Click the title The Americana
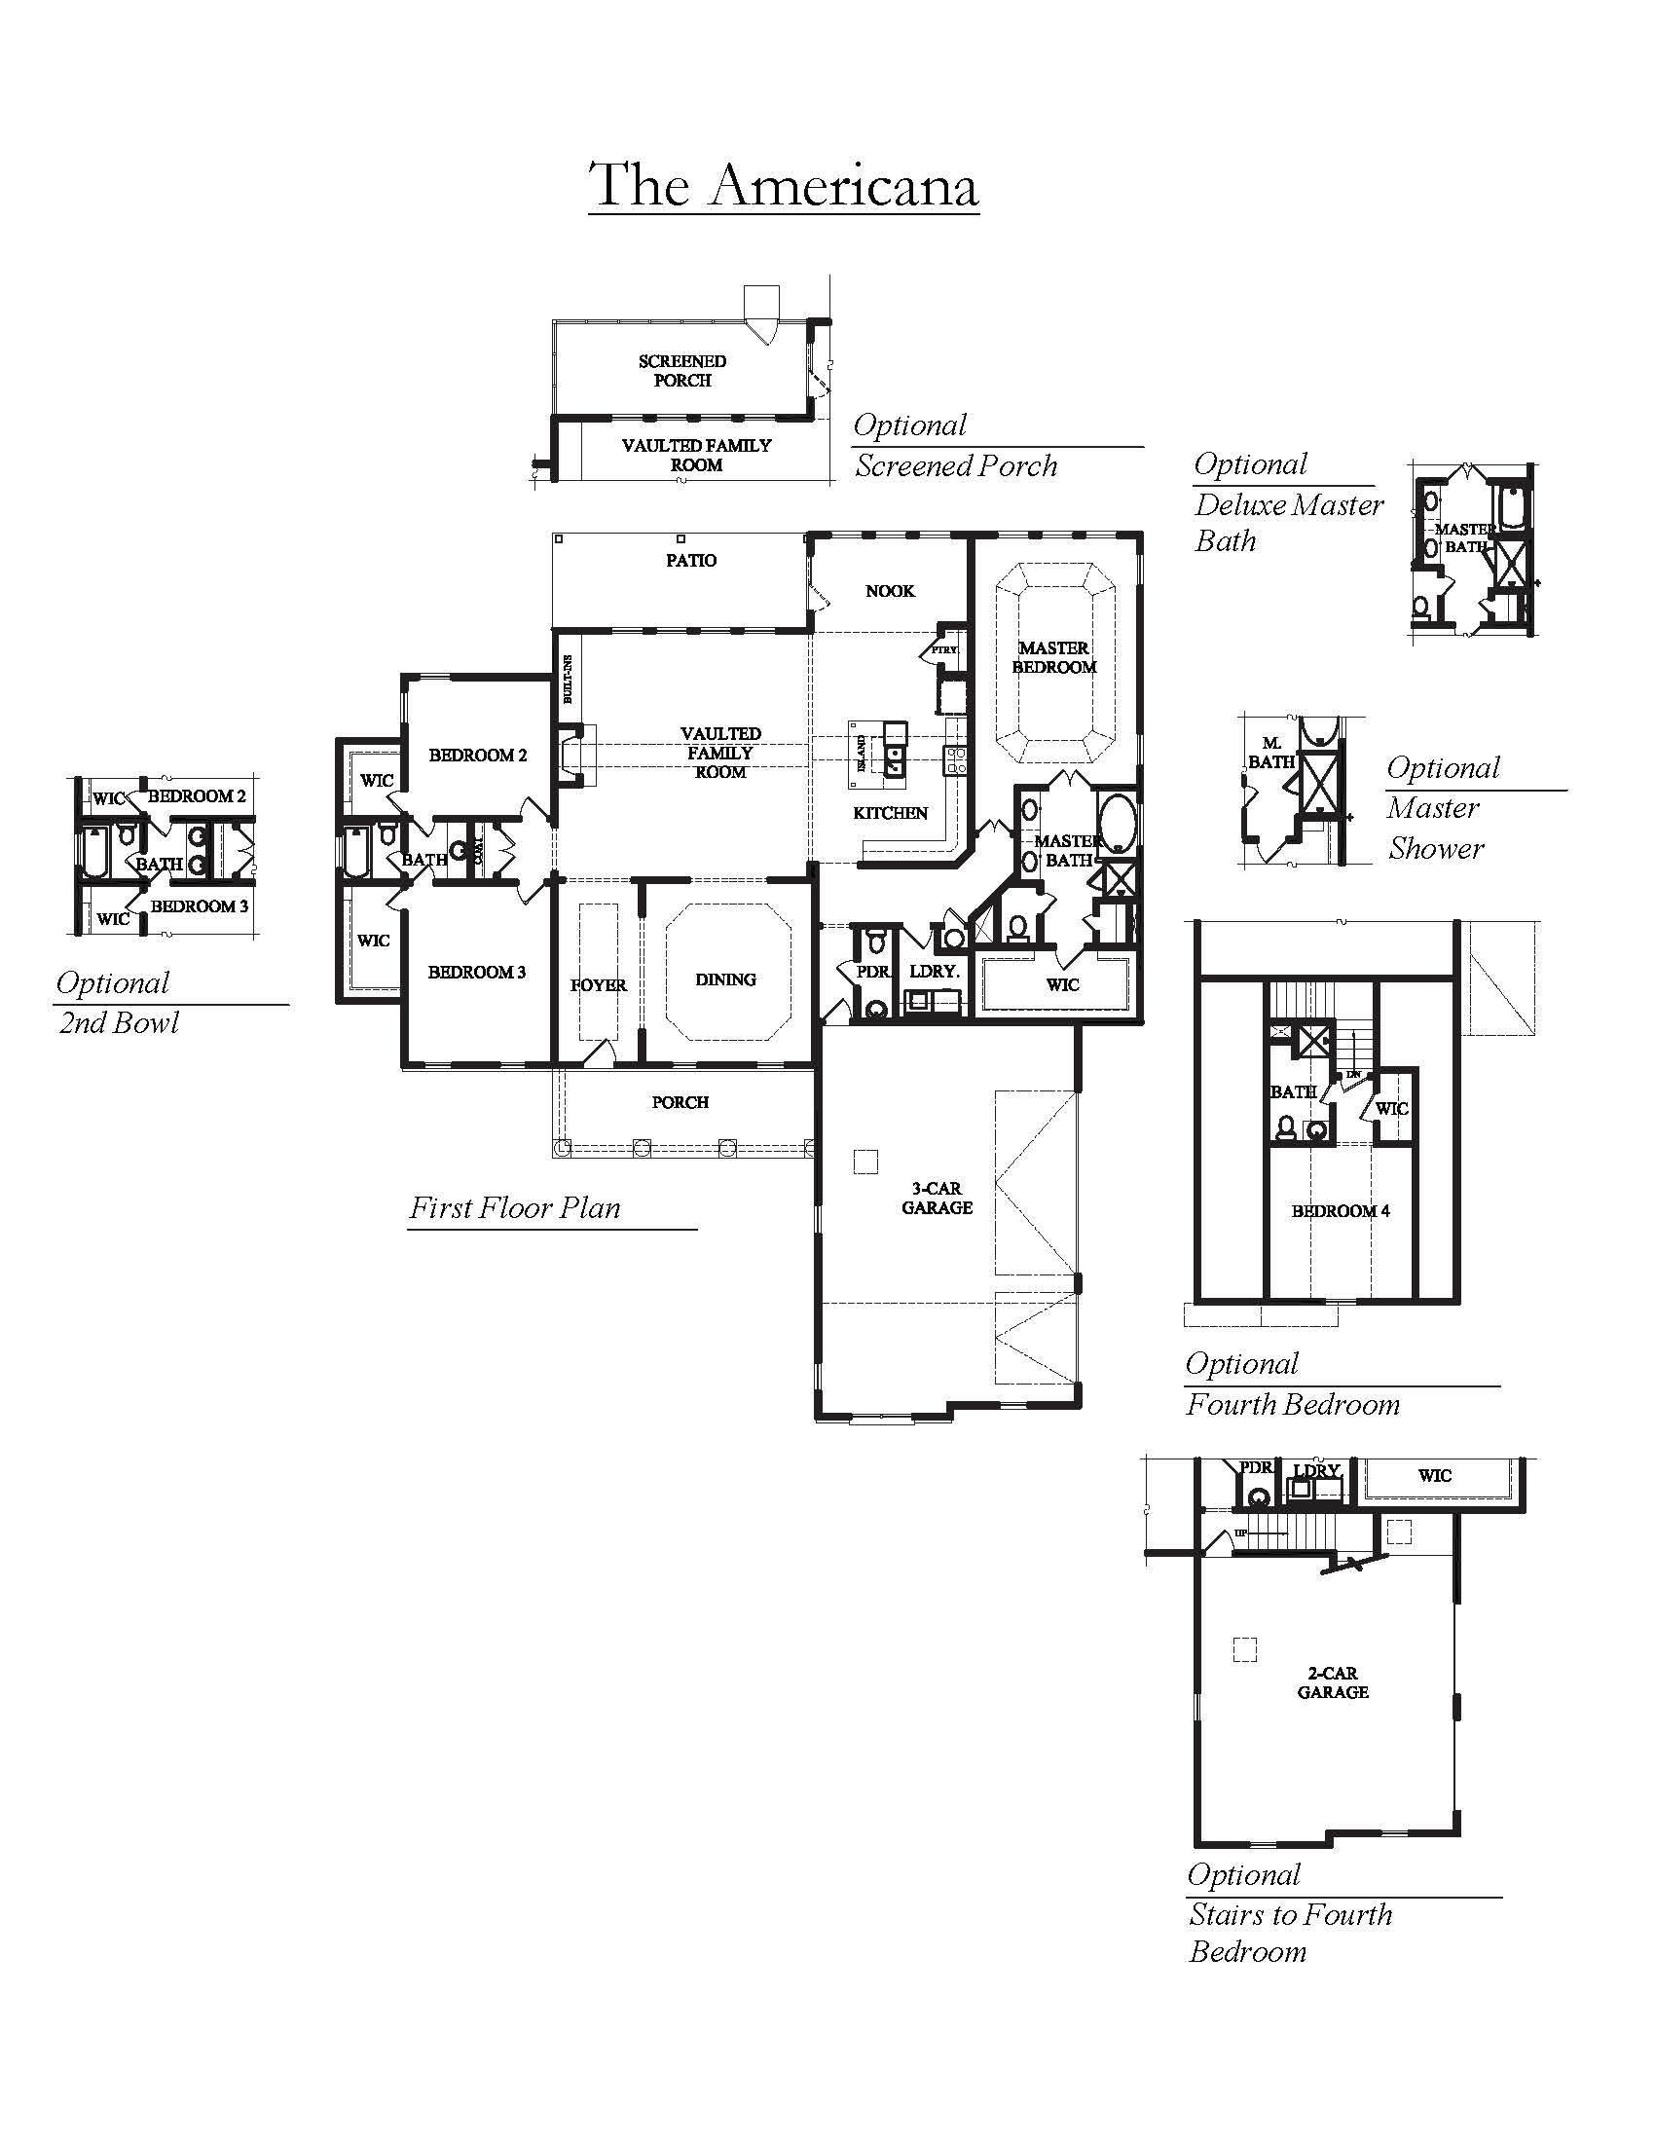click(784, 184)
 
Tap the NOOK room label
click(890, 590)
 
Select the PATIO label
click(691, 560)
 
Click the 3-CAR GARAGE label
click(938, 1198)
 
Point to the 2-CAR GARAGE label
click(1333, 1682)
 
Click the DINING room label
click(725, 979)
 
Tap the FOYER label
click(598, 984)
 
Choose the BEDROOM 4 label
click(1341, 1210)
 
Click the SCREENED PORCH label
click(682, 371)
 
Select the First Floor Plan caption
click(515, 1207)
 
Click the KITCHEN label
click(890, 812)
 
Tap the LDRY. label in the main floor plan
click(935, 971)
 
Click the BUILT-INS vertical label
click(568, 680)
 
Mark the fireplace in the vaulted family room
click(570, 755)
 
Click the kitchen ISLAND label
click(862, 753)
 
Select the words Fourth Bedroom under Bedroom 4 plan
click(1292, 1404)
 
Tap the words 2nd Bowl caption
click(119, 1023)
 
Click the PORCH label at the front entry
click(680, 1102)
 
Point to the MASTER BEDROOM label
click(1054, 657)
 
